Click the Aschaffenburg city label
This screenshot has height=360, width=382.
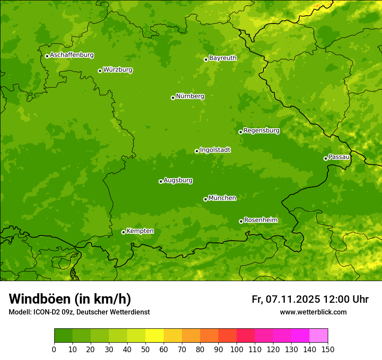click(x=72, y=55)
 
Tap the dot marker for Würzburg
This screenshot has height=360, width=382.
click(x=100, y=71)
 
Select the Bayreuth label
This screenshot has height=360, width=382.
click(x=223, y=58)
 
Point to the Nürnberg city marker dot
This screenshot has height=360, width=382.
click(x=173, y=98)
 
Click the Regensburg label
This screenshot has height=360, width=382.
click(x=261, y=130)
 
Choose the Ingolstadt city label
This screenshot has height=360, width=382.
click(x=215, y=150)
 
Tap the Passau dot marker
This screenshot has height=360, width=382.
click(x=326, y=158)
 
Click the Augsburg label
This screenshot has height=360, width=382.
click(x=178, y=180)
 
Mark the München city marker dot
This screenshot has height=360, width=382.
click(x=205, y=199)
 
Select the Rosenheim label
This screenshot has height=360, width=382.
click(x=260, y=220)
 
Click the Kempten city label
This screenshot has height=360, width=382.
click(x=140, y=231)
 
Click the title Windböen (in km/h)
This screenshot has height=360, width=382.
click(x=69, y=299)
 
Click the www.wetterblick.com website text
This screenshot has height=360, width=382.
click(x=313, y=312)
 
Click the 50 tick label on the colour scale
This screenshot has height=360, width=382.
click(x=145, y=349)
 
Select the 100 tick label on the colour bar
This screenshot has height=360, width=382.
click(x=237, y=349)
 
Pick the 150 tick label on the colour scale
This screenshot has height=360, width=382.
click(x=328, y=349)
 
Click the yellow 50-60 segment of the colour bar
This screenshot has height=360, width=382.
click(x=155, y=336)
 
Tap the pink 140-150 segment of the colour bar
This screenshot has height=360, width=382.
click(x=319, y=336)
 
